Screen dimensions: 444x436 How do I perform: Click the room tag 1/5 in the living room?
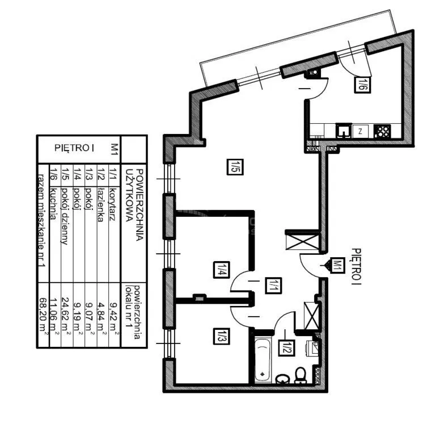pyautogui.click(x=235, y=167)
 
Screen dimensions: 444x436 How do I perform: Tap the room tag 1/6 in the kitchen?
pyautogui.click(x=362, y=85)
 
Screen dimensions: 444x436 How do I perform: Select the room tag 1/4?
pyautogui.click(x=222, y=270)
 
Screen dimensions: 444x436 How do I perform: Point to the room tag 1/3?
pyautogui.click(x=222, y=337)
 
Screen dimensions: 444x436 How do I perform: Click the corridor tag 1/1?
pyautogui.click(x=273, y=286)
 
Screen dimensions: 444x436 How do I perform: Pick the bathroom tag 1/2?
pyautogui.click(x=286, y=348)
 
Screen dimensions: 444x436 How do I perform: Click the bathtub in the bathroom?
pyautogui.click(x=263, y=360)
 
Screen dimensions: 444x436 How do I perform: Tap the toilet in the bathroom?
pyautogui.click(x=301, y=376)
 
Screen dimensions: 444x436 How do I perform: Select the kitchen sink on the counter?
pyautogui.click(x=344, y=131)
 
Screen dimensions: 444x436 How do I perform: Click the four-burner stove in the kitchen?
pyautogui.click(x=382, y=132)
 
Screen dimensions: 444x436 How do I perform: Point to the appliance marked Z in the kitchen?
pyautogui.click(x=360, y=131)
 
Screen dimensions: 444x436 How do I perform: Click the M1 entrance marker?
pyautogui.click(x=336, y=266)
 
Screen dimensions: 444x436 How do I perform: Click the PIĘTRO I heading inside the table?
pyautogui.click(x=74, y=148)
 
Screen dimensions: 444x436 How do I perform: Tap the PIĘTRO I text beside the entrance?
pyautogui.click(x=357, y=266)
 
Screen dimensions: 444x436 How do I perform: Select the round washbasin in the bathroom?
pyautogui.click(x=282, y=379)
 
